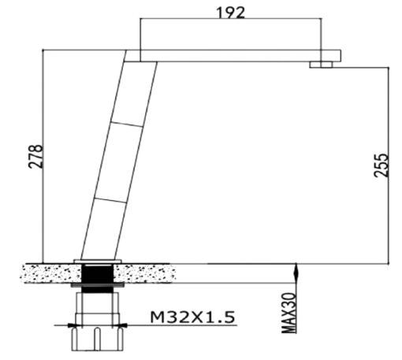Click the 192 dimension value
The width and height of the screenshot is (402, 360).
point(231,13)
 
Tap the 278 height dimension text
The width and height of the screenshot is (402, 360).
point(35,156)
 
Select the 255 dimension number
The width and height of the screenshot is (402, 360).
point(382,165)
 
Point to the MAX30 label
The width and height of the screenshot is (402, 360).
point(288,313)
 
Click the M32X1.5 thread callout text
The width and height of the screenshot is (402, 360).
point(192,317)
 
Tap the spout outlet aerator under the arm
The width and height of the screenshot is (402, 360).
point(321,65)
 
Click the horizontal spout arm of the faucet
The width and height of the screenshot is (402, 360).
point(233,56)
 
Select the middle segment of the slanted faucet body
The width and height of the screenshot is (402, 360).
point(118,162)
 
